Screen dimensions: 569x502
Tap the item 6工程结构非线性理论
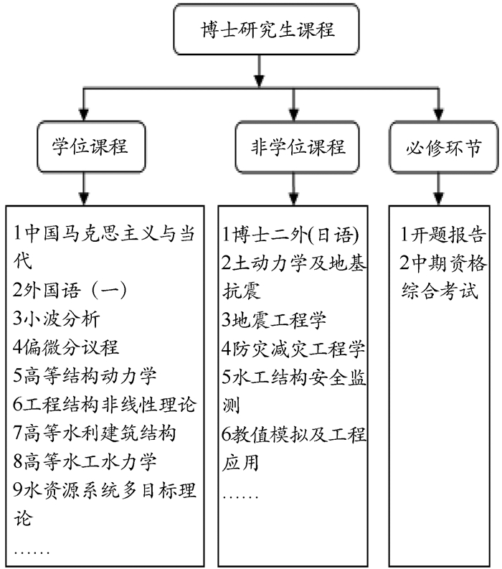tap(103, 404)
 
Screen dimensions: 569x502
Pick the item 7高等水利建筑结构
tap(94, 433)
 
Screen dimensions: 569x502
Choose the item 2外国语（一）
tap(70, 291)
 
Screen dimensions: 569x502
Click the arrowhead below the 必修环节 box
tap(439, 198)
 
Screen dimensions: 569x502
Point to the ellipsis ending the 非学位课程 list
tap(241, 495)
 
